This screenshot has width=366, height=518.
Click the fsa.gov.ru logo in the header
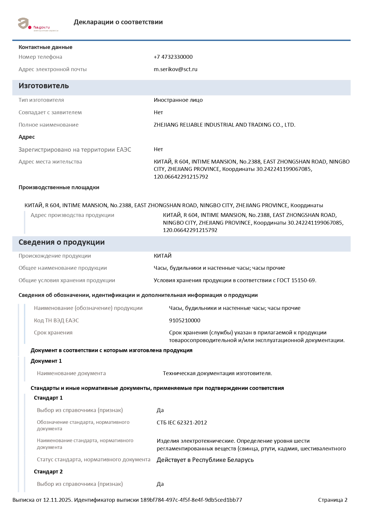coord(38,24)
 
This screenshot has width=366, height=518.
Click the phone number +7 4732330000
coord(173,57)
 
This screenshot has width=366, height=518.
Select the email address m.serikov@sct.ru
coord(175,69)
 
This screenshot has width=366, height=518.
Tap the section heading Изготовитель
coord(44,86)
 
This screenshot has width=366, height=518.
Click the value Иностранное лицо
coord(178,100)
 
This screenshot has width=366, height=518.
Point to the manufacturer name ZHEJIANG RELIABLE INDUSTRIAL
coord(224,125)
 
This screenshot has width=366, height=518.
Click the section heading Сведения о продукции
coord(61,242)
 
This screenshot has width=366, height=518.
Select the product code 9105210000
coord(184,321)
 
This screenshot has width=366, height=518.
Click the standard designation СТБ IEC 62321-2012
coord(182,423)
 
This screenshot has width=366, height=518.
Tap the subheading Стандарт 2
coord(48,472)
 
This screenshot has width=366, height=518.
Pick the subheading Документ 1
coord(46,361)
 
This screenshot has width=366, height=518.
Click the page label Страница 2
coord(333,500)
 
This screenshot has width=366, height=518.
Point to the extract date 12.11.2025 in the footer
coord(57,500)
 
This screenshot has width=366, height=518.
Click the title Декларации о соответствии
coord(118,22)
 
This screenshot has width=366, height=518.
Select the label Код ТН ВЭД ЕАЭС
coord(56,321)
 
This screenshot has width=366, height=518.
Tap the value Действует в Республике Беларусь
coord(205,460)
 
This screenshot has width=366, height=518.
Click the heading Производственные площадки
coord(59,187)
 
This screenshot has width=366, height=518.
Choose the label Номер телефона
coord(40,57)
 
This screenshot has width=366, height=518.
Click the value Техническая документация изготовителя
coord(217,373)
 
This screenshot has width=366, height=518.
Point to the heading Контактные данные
coord(45,47)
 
